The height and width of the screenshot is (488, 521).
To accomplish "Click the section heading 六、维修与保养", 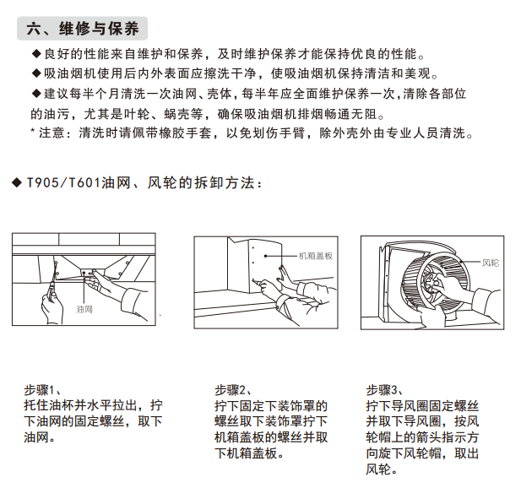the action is click(83, 28).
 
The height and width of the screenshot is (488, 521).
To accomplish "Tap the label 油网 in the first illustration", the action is click(84, 310).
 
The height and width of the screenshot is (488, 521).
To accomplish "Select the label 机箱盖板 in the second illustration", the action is click(316, 256).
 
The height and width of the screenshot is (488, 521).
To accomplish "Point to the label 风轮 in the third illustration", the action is click(491, 263).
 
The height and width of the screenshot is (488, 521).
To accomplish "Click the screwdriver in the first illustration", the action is click(53, 279).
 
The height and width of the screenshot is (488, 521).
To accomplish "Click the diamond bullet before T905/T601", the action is click(17, 182).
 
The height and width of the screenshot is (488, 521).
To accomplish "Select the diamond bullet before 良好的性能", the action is click(36, 54).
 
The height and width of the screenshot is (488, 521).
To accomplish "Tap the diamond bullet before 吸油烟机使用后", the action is click(36, 73).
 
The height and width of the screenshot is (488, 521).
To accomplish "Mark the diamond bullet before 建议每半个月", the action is click(36, 94).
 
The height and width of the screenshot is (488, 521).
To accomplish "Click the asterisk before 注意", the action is click(33, 131).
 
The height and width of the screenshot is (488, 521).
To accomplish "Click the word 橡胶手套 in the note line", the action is click(185, 133).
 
